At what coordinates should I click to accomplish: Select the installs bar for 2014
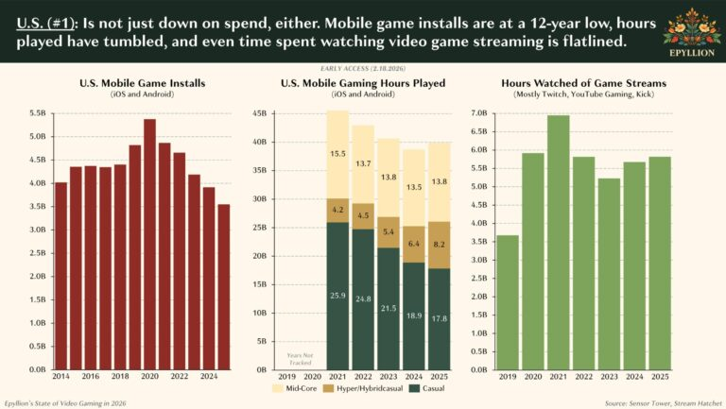point(60,275)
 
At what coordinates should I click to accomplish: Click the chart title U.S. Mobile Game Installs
point(142,84)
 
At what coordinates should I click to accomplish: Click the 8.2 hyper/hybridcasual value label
point(439,244)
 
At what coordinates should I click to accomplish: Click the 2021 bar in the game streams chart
point(559,242)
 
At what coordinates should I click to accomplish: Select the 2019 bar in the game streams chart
point(507,302)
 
